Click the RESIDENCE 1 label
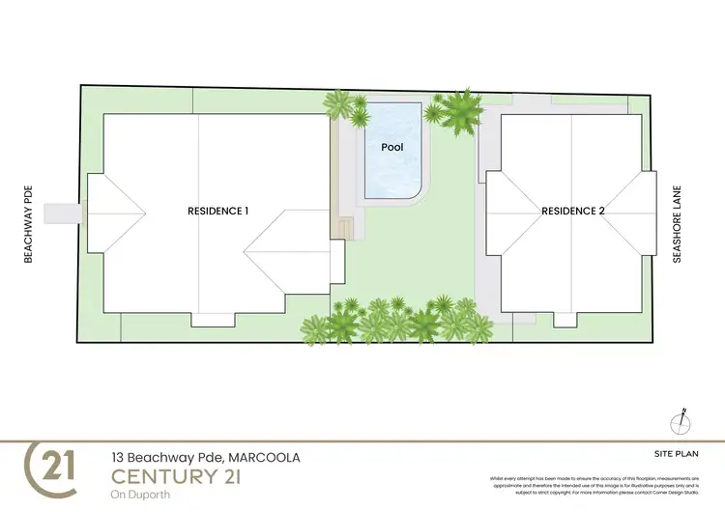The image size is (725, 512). (218, 211)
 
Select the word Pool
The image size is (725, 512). (391, 148)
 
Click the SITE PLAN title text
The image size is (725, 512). (670, 452)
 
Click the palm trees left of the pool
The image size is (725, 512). (343, 108)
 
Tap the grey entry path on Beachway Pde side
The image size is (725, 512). (65, 211)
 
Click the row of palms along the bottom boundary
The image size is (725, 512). (396, 322)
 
